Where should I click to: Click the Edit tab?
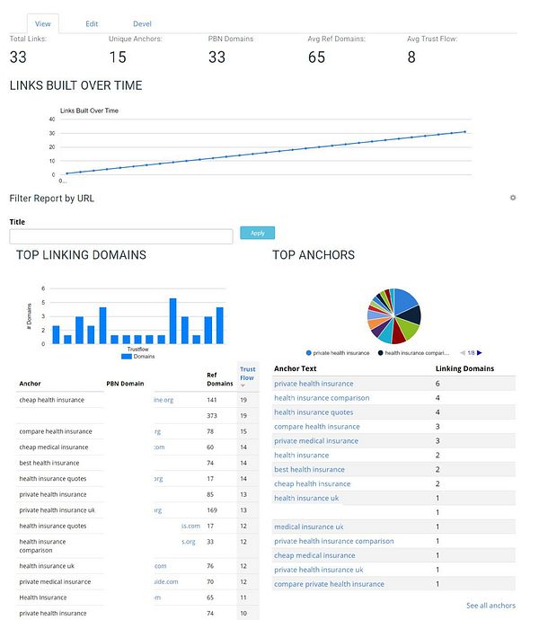[92, 23]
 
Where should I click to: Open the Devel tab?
[142, 23]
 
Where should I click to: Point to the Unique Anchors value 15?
[119, 58]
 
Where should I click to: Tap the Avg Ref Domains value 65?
[316, 58]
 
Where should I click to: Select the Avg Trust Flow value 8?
[411, 58]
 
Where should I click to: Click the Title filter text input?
[120, 236]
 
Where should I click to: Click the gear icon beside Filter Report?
[513, 198]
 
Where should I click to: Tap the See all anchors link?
[490, 606]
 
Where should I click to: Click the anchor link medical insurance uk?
[308, 527]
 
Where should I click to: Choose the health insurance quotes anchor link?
[314, 412]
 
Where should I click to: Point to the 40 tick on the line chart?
[52, 120]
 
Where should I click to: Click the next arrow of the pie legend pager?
[480, 353]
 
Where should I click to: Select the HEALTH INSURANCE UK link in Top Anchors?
[306, 498]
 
